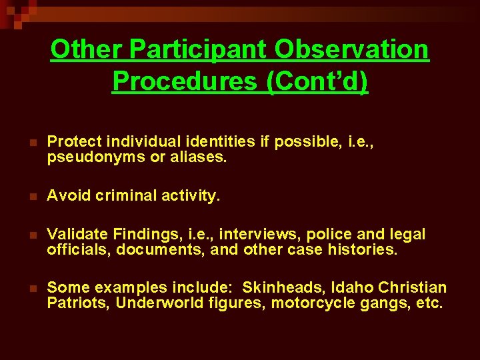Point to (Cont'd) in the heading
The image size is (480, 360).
(x=317, y=81)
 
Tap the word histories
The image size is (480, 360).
(x=363, y=250)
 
